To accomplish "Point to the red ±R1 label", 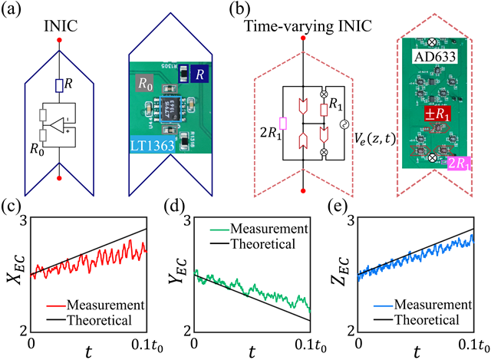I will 434,114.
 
